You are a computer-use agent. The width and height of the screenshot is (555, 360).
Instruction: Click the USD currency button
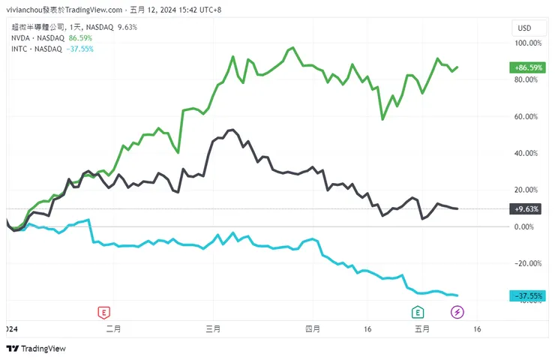524,28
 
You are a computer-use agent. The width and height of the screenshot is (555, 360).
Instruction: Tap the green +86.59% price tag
527,67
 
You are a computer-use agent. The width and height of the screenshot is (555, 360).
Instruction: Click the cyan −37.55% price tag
527,295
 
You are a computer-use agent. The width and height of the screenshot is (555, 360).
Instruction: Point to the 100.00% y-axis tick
526,43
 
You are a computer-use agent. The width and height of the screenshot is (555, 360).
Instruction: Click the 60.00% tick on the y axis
527,116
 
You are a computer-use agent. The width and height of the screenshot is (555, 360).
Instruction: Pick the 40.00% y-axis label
527,153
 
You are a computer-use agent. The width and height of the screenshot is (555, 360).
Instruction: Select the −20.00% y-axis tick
526,263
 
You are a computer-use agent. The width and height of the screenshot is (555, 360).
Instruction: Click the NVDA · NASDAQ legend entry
37,37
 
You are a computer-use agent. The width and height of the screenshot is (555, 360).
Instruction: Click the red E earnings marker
103,312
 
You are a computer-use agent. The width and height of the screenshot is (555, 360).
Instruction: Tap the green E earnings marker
417,312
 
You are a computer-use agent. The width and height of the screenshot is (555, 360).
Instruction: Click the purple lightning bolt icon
457,312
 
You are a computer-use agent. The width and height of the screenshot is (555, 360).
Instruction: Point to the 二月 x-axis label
113,328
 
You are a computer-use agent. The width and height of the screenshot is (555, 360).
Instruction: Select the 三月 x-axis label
213,328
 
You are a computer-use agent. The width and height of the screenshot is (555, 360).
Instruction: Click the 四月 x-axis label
313,328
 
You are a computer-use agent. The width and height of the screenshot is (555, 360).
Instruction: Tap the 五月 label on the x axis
421,328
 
